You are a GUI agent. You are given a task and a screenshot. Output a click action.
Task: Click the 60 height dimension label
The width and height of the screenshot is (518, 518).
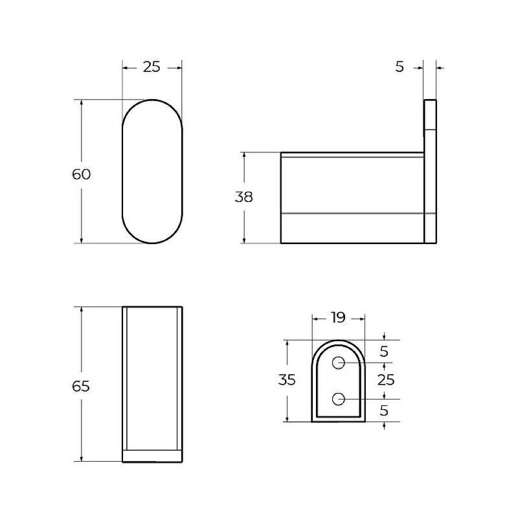pos(81,174)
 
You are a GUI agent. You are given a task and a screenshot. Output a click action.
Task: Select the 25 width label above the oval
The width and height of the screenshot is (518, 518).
pos(152,67)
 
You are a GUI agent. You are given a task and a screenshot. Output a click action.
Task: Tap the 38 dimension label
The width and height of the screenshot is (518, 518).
pos(244,197)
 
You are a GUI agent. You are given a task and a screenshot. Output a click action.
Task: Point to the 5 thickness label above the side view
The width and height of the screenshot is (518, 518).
pos(400,67)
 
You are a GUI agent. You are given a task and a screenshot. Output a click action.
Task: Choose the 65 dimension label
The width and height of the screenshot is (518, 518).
pos(81,386)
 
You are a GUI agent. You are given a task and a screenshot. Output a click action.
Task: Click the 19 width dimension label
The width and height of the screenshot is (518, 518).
pos(338,317)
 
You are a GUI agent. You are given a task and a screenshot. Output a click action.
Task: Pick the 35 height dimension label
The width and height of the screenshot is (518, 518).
pos(286,380)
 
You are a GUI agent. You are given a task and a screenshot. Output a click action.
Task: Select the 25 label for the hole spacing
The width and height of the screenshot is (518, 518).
pos(386,380)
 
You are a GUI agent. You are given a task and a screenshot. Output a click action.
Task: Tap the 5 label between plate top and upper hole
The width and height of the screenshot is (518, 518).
pos(384,352)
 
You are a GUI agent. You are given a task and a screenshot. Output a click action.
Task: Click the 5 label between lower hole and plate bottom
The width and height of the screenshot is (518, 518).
pos(384,411)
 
